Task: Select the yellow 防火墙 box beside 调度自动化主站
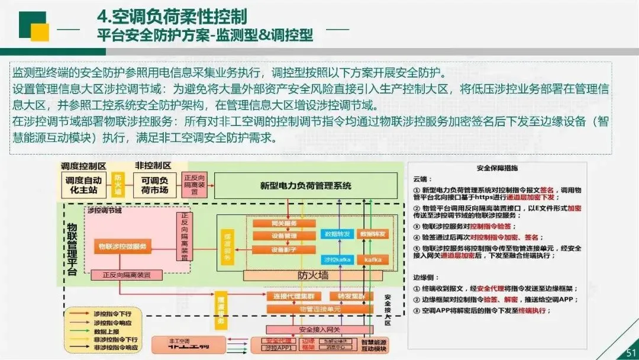117,185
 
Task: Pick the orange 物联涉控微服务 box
122,246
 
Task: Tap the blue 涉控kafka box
337,260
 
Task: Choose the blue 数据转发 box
337,234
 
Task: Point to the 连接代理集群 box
293,296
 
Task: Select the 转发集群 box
351,296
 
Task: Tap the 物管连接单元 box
319,309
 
